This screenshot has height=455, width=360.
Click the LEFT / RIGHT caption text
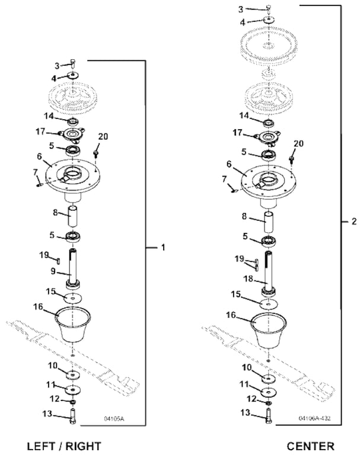tap(64, 446)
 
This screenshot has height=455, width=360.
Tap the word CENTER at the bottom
tap(310, 446)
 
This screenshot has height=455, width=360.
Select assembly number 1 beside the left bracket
tap(163, 247)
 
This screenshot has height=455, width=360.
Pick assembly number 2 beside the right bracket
tap(353, 222)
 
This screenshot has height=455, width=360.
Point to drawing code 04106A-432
tap(314, 418)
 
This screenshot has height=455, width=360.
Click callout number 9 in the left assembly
tap(53, 271)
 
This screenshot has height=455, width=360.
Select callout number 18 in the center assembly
tap(248, 279)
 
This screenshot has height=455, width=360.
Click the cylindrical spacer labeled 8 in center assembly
tap(269, 222)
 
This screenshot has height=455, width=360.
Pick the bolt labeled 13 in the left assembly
tap(72, 415)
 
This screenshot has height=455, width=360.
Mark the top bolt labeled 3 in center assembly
tap(268, 9)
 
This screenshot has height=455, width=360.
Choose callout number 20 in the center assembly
tap(298, 143)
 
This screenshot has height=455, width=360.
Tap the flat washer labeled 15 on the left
tap(72, 298)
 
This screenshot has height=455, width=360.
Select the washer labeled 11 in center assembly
tap(269, 392)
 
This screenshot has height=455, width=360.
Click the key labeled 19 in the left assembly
tap(58, 261)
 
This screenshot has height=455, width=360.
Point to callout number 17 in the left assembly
tap(40, 132)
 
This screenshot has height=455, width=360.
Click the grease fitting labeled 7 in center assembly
tap(234, 190)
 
